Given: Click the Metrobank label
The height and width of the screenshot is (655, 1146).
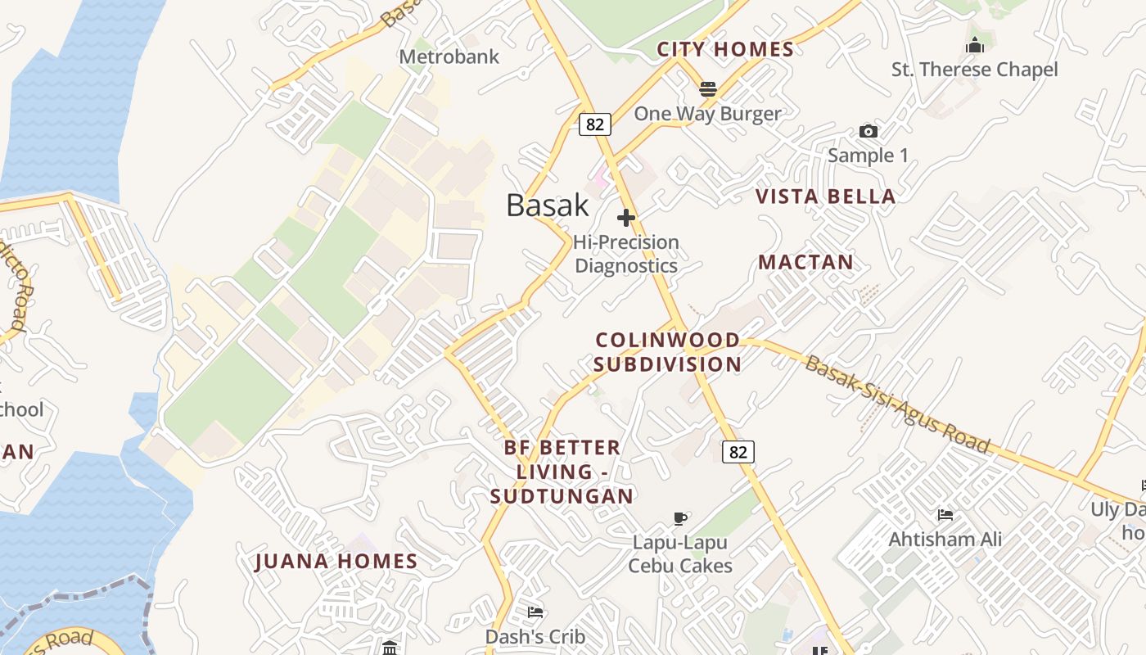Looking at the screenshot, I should tap(449, 57).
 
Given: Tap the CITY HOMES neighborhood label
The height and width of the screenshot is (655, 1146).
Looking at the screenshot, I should tap(725, 49).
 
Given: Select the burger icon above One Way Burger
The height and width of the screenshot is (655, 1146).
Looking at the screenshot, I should tap(708, 88).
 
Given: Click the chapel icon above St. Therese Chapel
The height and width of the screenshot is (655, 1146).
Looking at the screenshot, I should tap(974, 45).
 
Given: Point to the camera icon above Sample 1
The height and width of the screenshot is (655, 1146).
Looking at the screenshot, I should tap(868, 131).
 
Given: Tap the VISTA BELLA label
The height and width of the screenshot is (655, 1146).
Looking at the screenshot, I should tap(825, 196).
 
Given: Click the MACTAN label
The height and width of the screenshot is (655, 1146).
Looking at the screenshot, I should tap(805, 262).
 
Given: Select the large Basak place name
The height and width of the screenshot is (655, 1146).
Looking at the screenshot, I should tap(547, 205).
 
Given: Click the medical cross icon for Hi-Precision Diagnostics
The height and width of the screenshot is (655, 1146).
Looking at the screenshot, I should tap(626, 218).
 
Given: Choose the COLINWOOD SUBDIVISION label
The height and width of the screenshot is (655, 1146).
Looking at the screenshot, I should tap(667, 352).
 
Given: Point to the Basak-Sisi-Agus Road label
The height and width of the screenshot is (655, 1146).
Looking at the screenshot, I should tap(897, 405).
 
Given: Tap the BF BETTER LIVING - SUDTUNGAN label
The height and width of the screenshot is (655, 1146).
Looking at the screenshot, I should tap(562, 472).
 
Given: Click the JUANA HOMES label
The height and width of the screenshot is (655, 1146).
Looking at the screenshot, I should tap(336, 562).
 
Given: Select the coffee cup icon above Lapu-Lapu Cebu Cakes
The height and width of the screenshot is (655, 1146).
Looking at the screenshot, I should tap(679, 517).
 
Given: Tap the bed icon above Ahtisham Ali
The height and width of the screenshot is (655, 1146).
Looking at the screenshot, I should tap(945, 515).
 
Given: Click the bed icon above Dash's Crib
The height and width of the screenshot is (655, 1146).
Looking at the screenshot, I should tap(535, 612).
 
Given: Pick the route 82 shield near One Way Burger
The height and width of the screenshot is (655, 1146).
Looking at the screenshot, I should tap(594, 124).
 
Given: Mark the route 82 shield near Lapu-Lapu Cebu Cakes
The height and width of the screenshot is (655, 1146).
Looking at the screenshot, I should tap(738, 451).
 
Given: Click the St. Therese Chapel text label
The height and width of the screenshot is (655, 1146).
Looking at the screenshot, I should tap(974, 70).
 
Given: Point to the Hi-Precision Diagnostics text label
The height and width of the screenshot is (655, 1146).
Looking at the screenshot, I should tap(626, 254).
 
